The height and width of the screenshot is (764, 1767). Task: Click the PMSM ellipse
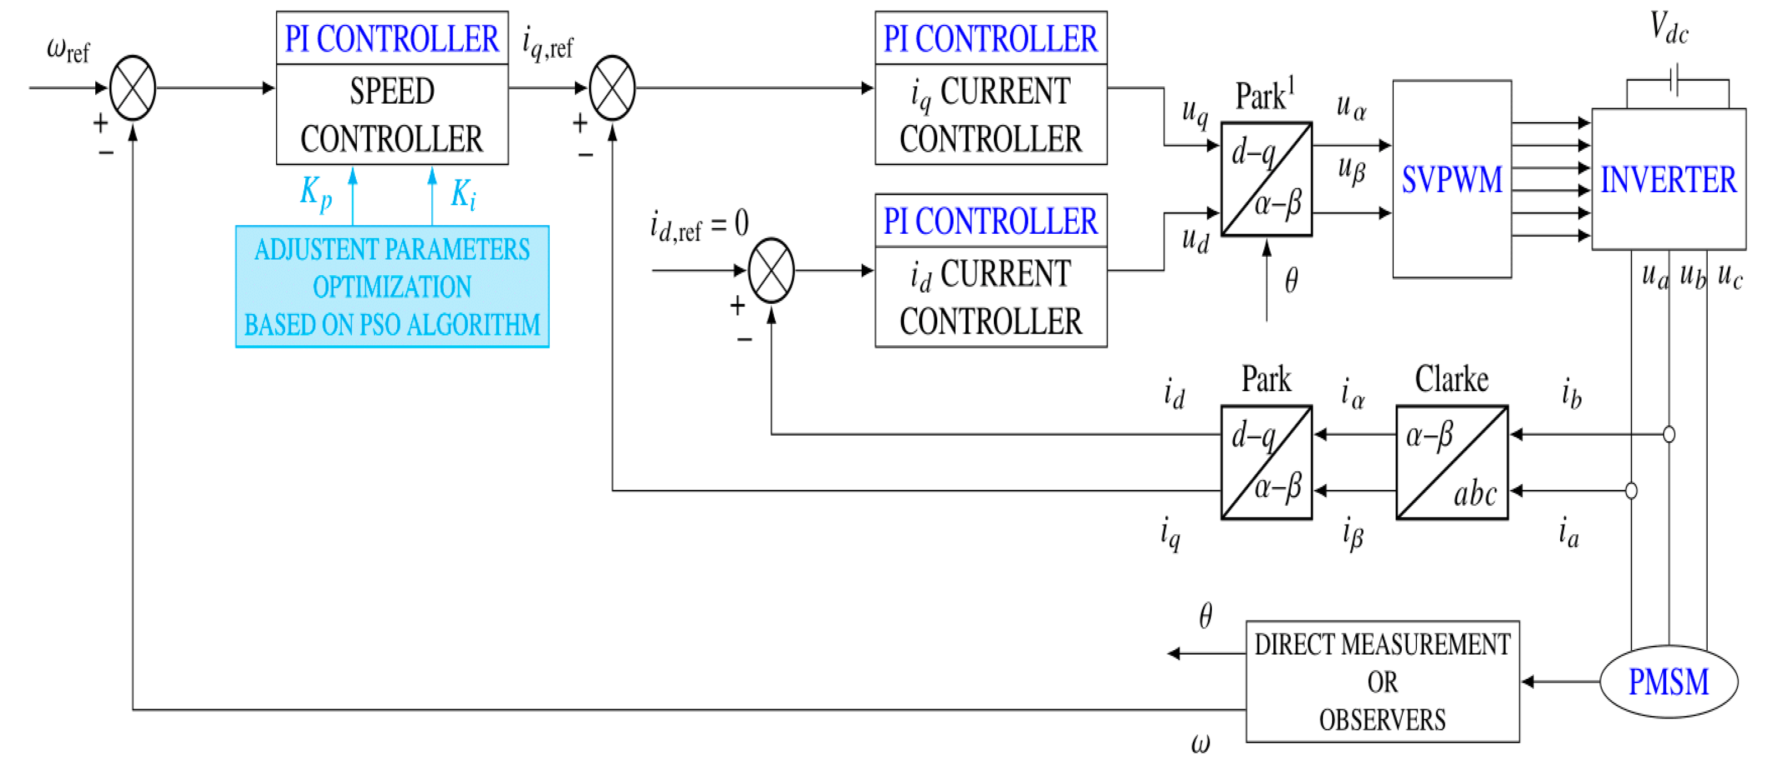pos(1668,682)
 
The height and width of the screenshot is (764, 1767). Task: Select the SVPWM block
pos(1452,180)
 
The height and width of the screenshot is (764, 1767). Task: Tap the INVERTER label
pos(1668,180)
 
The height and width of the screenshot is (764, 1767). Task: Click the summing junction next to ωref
pos(132,88)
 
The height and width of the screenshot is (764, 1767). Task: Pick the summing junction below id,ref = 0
pos(771,270)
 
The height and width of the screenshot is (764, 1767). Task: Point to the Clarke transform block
pos(1452,462)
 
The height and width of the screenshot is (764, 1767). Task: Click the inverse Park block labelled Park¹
pos(1266,179)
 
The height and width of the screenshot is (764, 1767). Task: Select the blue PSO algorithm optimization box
pos(392,286)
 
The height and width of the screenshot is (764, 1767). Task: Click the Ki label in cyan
pos(463,195)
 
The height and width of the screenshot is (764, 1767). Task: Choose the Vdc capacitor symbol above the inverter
pos(1675,80)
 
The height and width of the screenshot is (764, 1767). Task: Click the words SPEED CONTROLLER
pos(392,115)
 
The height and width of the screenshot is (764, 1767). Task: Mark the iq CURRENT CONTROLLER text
pos(991,115)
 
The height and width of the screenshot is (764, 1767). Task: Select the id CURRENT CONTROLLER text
pos(991,297)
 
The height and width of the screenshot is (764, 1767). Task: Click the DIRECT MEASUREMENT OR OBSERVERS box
pos(1382,681)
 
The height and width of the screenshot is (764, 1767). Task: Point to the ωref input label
pos(68,50)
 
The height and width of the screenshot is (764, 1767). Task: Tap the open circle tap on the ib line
pos(1669,434)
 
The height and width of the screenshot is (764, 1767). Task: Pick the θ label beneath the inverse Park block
pos(1291,281)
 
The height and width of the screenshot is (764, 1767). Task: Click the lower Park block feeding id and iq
pos(1266,462)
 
